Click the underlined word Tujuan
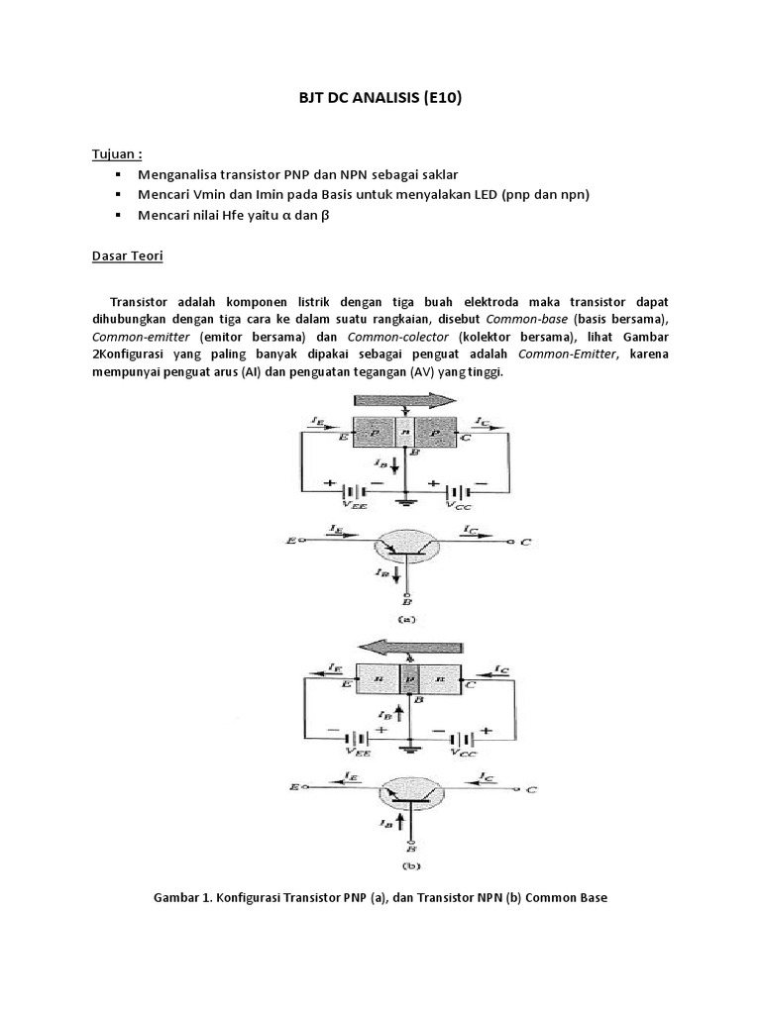tap(116, 154)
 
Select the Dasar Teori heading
tap(127, 255)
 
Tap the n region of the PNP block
tap(405, 433)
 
